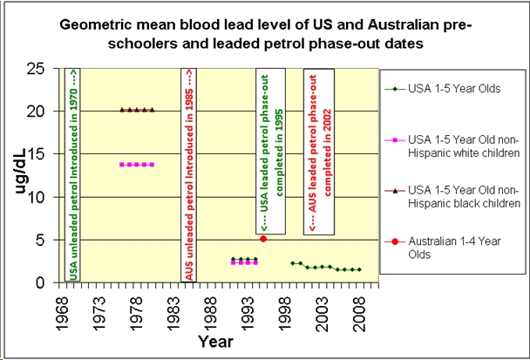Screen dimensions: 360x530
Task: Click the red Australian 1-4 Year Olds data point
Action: (x=263, y=238)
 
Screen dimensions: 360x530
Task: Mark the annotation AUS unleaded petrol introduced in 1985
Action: (x=187, y=174)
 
